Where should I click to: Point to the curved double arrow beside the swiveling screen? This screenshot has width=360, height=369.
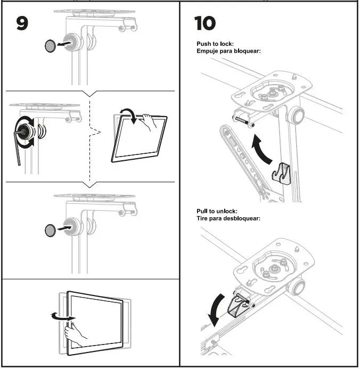(x=60, y=317)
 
